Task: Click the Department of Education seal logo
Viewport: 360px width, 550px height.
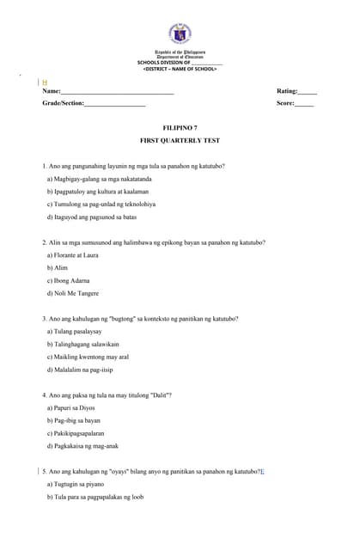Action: pos(180,34)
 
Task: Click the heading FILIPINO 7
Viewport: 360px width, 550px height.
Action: pos(180,127)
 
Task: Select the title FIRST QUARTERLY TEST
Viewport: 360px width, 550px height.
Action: pos(180,140)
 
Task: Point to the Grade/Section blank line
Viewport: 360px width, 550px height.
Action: pos(115,103)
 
